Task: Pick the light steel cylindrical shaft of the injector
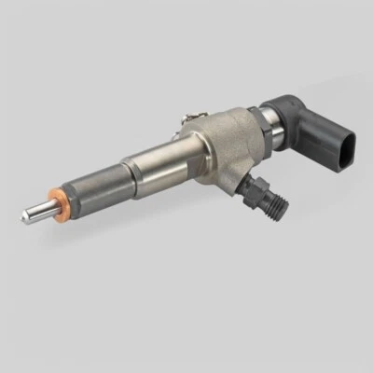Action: point(154,159)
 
